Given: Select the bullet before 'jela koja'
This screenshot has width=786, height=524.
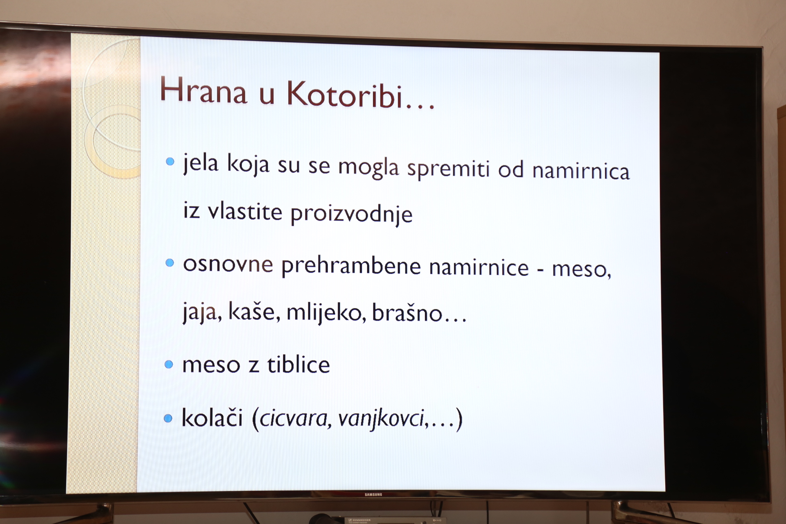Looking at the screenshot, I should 170,162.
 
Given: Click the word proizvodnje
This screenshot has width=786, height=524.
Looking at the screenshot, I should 351,214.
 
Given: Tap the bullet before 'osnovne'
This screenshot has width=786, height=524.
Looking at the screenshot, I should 169,263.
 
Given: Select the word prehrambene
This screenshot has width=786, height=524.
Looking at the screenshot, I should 351,266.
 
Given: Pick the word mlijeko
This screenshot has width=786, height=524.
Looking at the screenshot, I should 326,313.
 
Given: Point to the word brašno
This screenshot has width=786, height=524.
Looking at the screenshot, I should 407,314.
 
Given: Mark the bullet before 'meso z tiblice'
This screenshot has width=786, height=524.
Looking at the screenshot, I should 169,364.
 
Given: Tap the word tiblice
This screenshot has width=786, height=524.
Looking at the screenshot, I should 298,365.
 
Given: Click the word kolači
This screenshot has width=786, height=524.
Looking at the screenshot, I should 212,418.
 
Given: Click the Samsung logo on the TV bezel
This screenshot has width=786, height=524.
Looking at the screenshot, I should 373,495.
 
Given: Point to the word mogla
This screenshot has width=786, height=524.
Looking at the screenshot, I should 368,167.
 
